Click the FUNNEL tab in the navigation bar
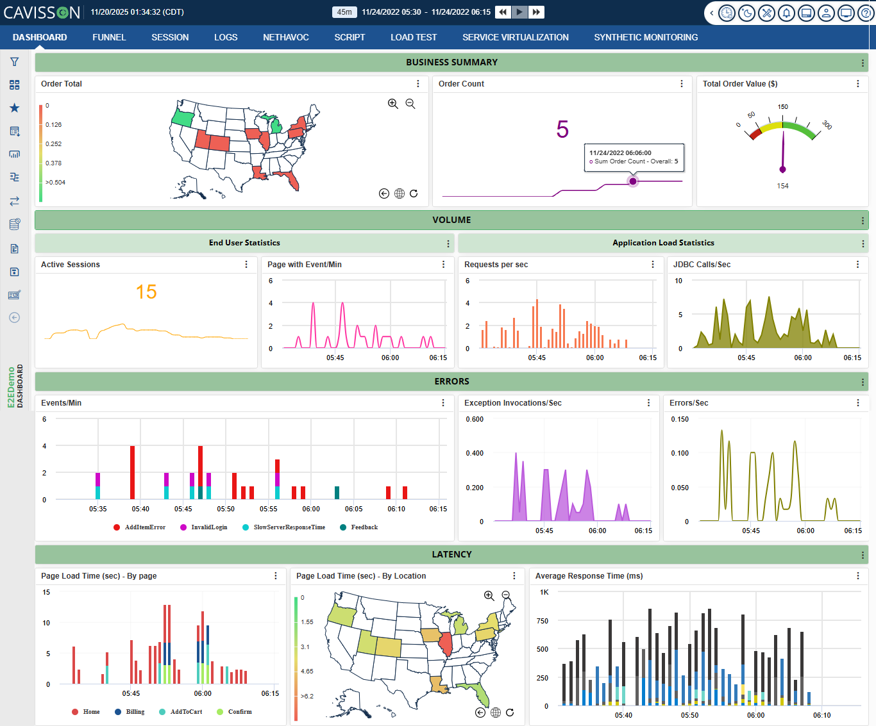click(x=109, y=37)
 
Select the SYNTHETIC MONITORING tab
click(x=646, y=37)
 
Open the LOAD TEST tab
click(x=414, y=37)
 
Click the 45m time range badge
click(x=344, y=12)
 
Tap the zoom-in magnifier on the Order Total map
click(x=393, y=104)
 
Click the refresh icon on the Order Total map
click(x=414, y=194)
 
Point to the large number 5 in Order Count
click(x=562, y=129)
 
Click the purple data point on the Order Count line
click(x=633, y=181)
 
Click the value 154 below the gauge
click(x=782, y=186)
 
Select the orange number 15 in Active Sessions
click(x=146, y=292)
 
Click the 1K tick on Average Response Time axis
click(x=544, y=592)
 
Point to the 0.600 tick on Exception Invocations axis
click(x=475, y=419)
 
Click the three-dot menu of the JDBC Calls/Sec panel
click(x=857, y=265)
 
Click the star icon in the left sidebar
click(x=14, y=108)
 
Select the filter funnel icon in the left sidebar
click(x=14, y=62)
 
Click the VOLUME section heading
click(x=451, y=220)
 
